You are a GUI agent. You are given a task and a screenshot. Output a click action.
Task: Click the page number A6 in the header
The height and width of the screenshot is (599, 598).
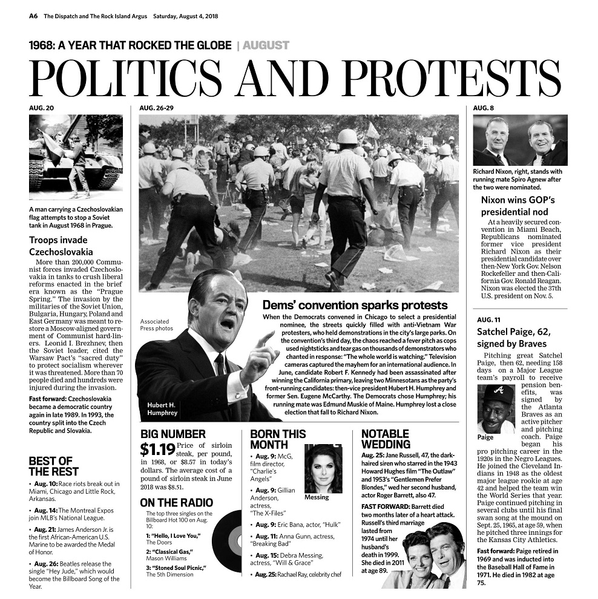click(33, 16)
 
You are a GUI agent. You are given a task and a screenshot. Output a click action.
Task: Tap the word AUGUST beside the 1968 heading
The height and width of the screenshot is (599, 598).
click(266, 45)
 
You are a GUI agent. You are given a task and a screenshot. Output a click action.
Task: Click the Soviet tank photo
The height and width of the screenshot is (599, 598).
click(76, 157)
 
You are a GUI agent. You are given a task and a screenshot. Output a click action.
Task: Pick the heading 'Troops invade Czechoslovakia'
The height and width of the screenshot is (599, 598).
click(61, 246)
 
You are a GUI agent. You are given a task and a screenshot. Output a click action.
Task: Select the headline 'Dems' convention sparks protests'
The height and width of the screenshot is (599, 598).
click(355, 305)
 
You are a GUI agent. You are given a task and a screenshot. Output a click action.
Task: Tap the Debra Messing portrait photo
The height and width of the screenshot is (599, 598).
click(323, 468)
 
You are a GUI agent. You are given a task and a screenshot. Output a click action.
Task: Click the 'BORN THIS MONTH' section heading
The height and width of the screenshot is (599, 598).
click(278, 439)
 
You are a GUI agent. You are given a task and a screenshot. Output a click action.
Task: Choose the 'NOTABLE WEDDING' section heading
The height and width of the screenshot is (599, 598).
click(386, 439)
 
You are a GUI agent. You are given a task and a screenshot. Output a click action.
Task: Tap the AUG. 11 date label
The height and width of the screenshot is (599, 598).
click(488, 319)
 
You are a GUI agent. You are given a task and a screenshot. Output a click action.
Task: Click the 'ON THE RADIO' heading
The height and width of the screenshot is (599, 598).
click(176, 503)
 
